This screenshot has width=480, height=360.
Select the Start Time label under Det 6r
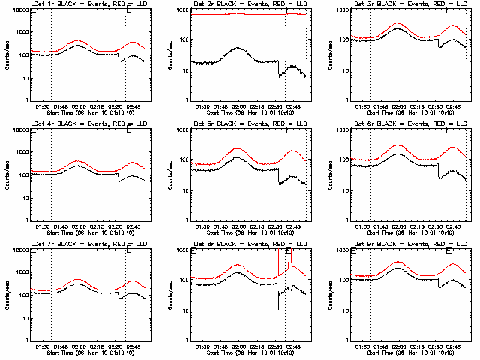pos(400,233)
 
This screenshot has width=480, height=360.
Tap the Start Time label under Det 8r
pos(240,353)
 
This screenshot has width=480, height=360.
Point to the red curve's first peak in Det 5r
pos(238,148)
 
